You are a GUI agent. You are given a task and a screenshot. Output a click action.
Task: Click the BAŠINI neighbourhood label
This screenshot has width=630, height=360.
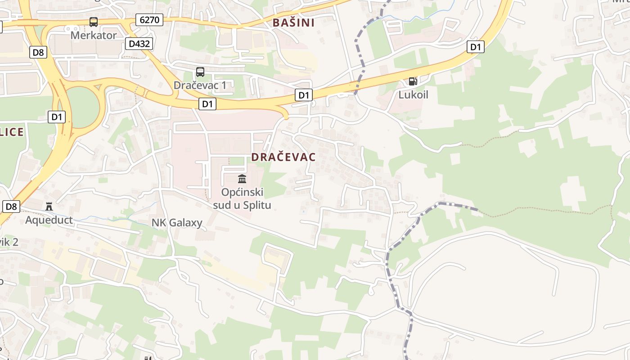click(x=293, y=22)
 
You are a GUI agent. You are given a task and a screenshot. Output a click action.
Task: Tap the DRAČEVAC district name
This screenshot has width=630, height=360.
click(x=283, y=157)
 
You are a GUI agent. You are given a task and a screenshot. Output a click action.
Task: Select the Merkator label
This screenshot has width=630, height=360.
click(x=94, y=35)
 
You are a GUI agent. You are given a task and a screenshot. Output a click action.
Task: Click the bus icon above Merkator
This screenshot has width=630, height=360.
click(x=94, y=22)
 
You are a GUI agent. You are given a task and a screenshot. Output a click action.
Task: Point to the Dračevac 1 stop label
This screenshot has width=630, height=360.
click(x=200, y=85)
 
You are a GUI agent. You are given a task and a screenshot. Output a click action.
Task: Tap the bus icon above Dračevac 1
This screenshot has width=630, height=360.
click(x=200, y=72)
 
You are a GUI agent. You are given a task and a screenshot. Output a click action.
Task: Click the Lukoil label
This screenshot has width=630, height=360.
click(x=413, y=94)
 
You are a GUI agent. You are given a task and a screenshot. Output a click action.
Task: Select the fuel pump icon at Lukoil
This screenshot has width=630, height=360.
click(x=413, y=81)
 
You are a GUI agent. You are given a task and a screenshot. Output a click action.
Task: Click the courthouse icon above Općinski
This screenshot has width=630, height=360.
click(x=242, y=179)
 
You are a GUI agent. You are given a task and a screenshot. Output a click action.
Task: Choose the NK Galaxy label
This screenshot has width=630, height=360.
click(x=177, y=222)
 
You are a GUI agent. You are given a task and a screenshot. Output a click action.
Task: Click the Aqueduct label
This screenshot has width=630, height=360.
click(x=49, y=220)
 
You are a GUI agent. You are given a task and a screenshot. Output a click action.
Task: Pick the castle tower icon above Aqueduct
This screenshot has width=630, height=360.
click(x=49, y=207)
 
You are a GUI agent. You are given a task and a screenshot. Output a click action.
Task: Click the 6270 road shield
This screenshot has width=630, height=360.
click(x=149, y=20)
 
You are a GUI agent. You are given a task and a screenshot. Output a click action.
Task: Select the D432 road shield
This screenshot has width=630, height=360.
click(x=139, y=44)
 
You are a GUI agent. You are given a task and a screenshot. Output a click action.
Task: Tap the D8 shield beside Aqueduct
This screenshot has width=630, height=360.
click(x=12, y=207)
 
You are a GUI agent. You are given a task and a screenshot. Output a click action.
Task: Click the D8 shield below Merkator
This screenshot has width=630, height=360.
click(x=39, y=53)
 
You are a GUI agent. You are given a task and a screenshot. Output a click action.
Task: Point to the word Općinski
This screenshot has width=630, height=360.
click(x=242, y=192)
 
